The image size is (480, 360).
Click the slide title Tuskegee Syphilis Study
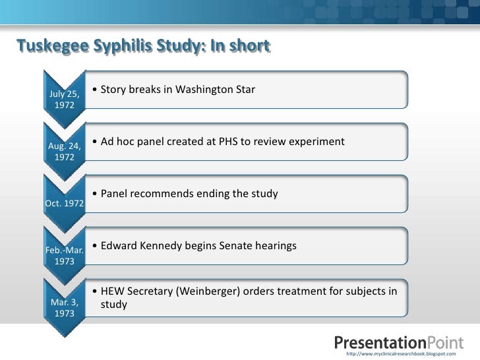point(142,46)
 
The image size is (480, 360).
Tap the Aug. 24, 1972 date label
point(64,151)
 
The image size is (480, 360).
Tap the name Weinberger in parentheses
point(205,292)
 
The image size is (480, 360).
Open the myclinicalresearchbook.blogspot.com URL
point(400,354)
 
